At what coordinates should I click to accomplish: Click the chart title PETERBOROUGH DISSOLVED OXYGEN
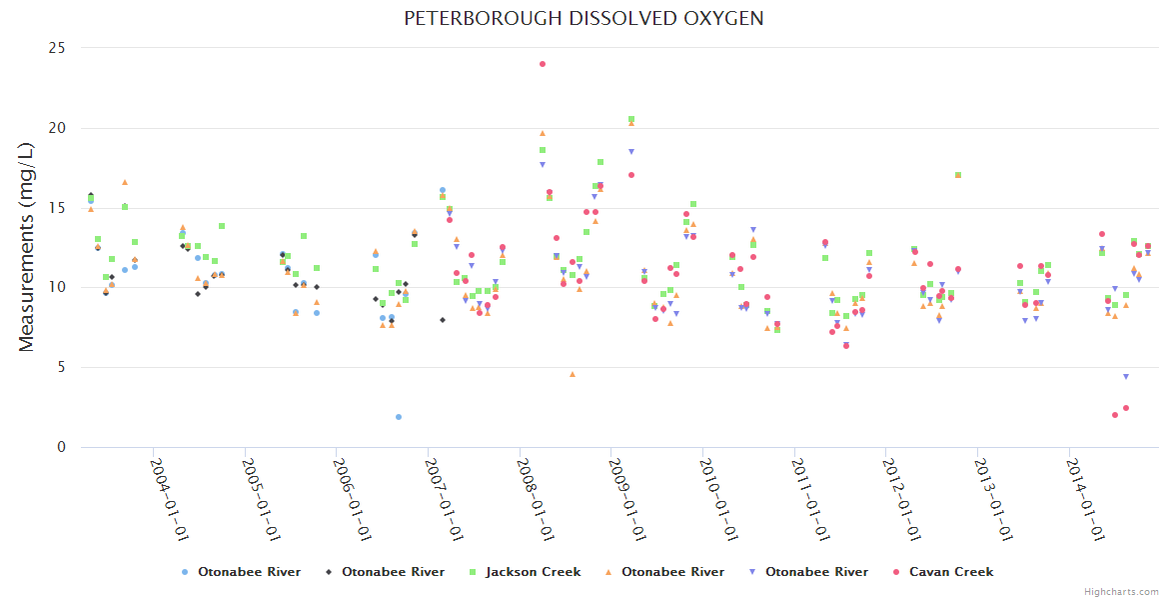pyautogui.click(x=584, y=19)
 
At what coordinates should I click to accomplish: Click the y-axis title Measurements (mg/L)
pyautogui.click(x=27, y=247)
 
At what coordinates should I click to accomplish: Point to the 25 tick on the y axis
pyautogui.click(x=58, y=48)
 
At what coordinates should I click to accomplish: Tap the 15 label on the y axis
pyautogui.click(x=58, y=208)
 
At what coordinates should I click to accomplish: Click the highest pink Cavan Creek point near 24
pyautogui.click(x=543, y=64)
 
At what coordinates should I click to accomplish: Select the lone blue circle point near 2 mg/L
pyautogui.click(x=399, y=417)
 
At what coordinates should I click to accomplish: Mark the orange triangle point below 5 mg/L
pyautogui.click(x=573, y=374)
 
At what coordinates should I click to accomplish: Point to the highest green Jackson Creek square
pyautogui.click(x=631, y=119)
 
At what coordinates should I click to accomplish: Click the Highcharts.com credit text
pyautogui.click(x=1121, y=592)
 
